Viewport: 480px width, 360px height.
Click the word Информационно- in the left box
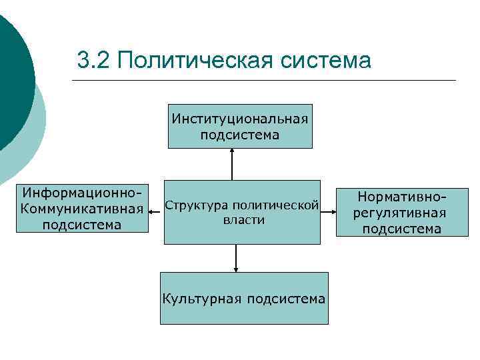[x=82, y=193]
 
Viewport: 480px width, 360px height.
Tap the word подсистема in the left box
[x=82, y=225]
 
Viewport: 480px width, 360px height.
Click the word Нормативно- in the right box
[x=401, y=197]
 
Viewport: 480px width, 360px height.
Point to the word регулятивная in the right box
[x=401, y=213]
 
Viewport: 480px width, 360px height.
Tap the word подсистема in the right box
[x=401, y=229]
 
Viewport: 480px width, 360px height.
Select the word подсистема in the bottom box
[x=286, y=298]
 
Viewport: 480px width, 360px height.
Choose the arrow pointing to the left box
[x=156, y=213]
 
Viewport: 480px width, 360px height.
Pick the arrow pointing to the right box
[x=328, y=213]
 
